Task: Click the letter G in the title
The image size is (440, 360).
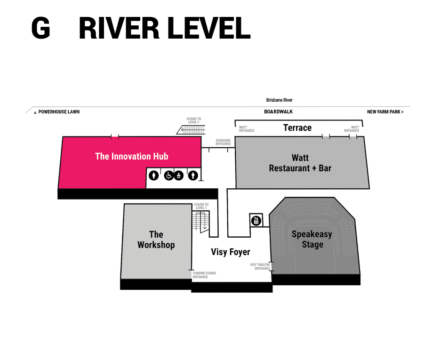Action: tap(40, 28)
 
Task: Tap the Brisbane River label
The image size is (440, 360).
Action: tap(279, 100)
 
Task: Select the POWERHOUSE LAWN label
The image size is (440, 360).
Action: tap(59, 112)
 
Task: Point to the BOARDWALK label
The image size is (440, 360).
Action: tap(278, 112)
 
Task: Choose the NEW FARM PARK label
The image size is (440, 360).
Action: tap(385, 112)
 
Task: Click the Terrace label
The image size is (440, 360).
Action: tap(297, 128)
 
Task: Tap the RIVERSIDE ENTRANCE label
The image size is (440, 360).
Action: tap(223, 142)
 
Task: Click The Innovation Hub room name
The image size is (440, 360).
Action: tap(131, 156)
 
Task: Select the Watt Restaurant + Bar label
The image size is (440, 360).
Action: tap(300, 163)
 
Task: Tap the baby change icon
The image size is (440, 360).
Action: tap(178, 176)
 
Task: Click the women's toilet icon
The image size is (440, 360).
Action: tap(153, 176)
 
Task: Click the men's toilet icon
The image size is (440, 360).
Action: tap(192, 176)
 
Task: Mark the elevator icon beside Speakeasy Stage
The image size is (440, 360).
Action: tap(256, 220)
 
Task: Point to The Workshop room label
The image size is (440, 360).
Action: tap(156, 240)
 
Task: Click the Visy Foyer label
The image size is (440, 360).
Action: tap(231, 252)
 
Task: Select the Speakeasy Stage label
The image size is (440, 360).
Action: tap(312, 239)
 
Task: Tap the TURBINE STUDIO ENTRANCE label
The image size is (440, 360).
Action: tap(204, 275)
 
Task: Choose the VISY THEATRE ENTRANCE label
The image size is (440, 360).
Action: tap(260, 267)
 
